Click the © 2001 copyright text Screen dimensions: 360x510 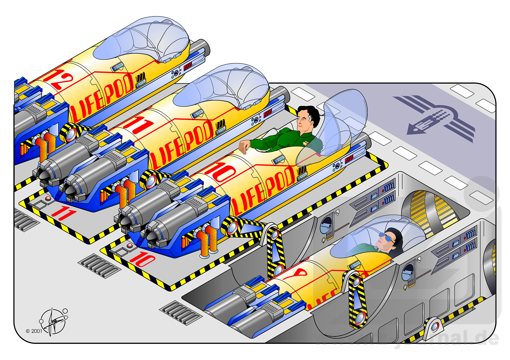pos(34,331)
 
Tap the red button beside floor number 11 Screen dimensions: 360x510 pos(48,198)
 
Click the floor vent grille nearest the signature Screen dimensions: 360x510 pos(100,266)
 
